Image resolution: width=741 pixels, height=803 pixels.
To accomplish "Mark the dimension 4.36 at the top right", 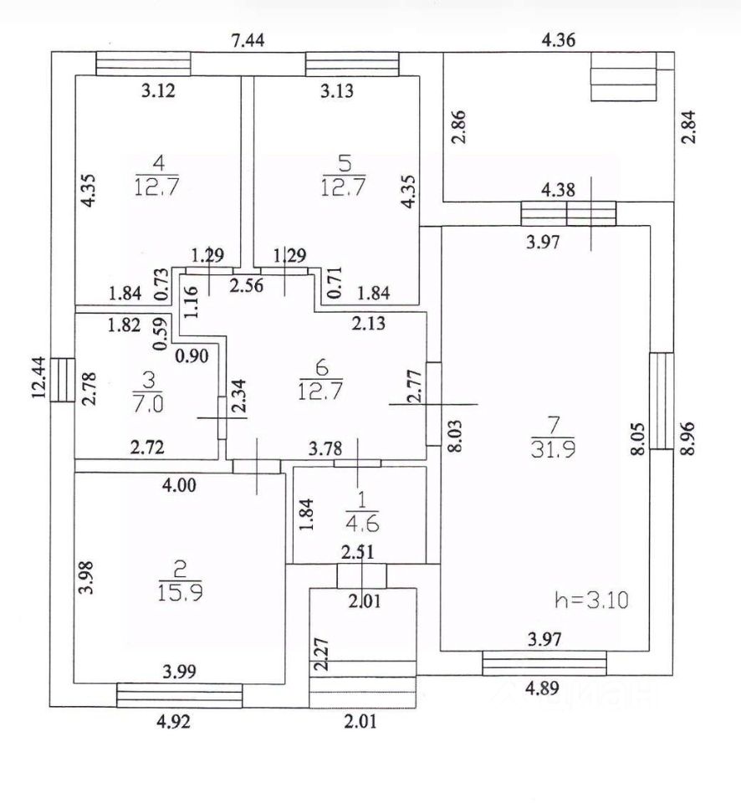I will pyautogui.click(x=560, y=40).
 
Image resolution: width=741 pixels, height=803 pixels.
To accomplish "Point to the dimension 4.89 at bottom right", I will pyautogui.click(x=541, y=691).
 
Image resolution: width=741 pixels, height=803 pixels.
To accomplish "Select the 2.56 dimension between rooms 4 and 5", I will pyautogui.click(x=246, y=286).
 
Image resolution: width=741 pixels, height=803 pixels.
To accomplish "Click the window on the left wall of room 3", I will pyautogui.click(x=63, y=380).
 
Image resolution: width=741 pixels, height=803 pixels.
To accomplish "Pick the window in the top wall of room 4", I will pyautogui.click(x=143, y=64).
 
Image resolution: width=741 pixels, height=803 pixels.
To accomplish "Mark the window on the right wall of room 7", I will pyautogui.click(x=662, y=401).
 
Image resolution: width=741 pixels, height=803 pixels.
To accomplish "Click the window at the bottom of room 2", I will pyautogui.click(x=179, y=695).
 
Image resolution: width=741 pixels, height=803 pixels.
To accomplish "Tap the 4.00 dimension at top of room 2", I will pyautogui.click(x=180, y=484).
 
